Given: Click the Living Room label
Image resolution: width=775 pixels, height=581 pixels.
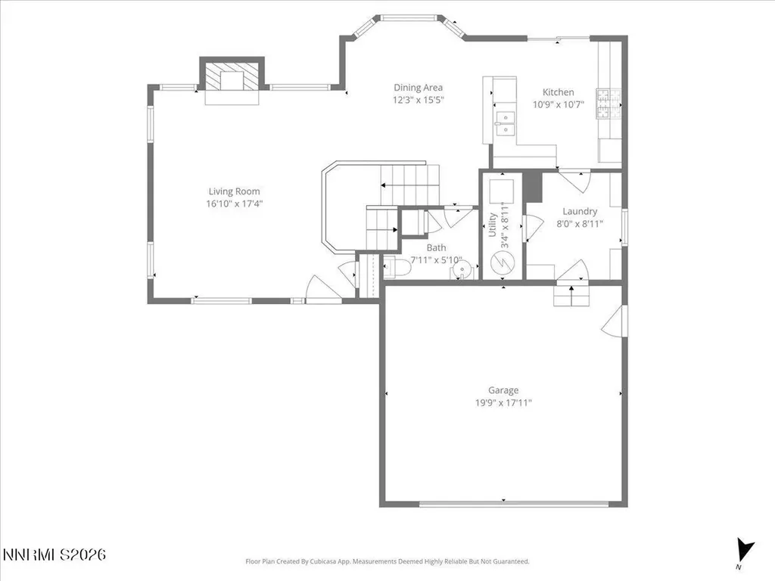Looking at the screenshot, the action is coord(234,191).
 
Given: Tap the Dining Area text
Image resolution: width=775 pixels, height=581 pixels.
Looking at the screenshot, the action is coord(418,88).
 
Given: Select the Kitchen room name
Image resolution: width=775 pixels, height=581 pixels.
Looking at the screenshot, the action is coord(558,92).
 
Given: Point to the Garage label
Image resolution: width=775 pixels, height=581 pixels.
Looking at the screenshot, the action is coord(503,390).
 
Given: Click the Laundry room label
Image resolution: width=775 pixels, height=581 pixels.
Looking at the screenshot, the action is coord(580,212).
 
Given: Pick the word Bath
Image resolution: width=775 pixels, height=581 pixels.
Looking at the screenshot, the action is coord(436,247).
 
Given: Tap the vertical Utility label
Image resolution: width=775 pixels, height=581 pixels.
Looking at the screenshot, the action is coord(492,225).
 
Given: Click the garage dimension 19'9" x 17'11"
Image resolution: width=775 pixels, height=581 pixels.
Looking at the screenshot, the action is coord(503,402).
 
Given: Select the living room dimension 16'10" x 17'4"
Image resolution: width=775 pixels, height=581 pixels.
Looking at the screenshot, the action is coord(234,204).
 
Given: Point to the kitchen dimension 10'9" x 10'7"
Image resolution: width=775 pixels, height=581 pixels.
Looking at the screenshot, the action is coord(558,104).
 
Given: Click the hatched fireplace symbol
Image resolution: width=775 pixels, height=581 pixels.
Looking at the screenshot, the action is coord(232,76).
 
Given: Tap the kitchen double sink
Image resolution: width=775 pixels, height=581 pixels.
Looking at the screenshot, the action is coord(505,123).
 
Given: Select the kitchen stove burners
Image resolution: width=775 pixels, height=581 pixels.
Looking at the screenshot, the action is coord(608,104).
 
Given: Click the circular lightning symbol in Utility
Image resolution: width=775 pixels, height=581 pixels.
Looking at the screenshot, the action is coord(503,262).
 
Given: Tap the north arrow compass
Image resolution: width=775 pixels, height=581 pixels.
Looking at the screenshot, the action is coord(744,550).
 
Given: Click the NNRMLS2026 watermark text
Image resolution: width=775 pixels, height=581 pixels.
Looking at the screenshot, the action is coord(54,555).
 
